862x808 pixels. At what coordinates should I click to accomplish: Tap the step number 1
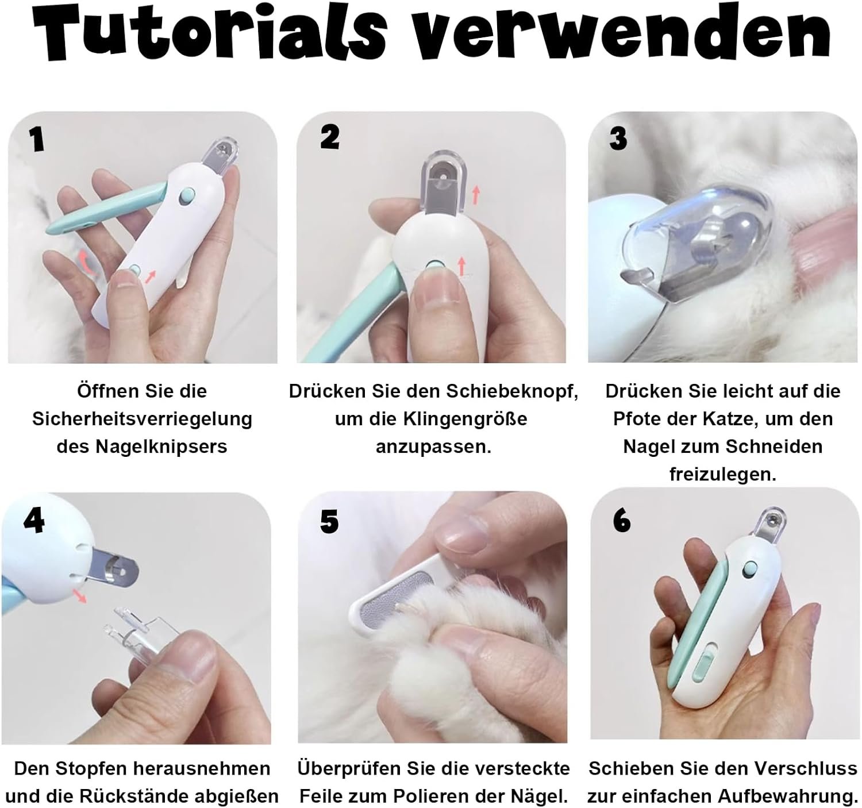(x=37, y=139)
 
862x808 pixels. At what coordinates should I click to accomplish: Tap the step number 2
(x=329, y=137)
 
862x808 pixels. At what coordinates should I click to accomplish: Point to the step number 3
(x=618, y=138)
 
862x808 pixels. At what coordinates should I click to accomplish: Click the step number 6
(x=622, y=521)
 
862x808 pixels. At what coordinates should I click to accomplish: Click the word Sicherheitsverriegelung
(x=142, y=420)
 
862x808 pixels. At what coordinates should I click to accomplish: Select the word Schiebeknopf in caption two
(x=512, y=391)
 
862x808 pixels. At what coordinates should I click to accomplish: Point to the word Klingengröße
(x=465, y=420)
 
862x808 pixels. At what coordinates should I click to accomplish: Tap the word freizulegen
(x=723, y=474)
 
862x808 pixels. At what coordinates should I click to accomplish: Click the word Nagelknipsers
(x=161, y=447)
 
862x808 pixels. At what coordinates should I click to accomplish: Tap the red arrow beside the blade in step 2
(x=476, y=194)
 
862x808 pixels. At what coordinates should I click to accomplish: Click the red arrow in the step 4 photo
(x=79, y=595)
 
